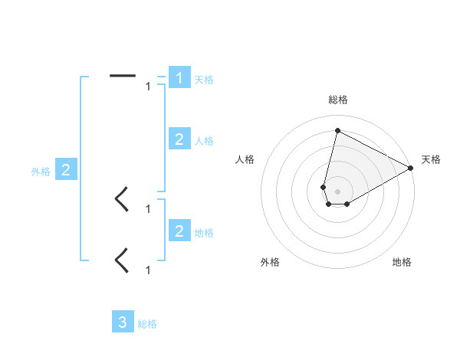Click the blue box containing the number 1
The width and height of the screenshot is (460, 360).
pos(179,78)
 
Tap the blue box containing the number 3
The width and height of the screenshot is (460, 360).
pos(123,322)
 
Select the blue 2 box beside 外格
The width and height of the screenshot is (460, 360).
pos(65,170)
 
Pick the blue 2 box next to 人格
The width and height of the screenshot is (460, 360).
pos(179,139)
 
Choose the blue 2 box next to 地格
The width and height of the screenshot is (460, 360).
pos(179,231)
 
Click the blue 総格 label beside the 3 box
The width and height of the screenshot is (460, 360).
pos(147,324)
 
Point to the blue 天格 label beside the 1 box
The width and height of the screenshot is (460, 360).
pos(204,80)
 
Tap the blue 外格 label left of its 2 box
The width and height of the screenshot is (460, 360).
pos(41,172)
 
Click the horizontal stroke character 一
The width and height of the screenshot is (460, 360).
pos(123,76)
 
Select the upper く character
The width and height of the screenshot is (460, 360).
pos(121,199)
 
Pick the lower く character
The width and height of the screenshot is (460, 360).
pos(121,260)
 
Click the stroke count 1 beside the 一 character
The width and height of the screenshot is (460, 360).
pos(148,87)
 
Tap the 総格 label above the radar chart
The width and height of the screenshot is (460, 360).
pos(338,100)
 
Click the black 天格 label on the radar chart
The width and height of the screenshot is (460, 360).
pos(431,159)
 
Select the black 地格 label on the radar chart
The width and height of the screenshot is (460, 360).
pos(402,262)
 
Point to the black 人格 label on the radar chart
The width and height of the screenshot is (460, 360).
pos(245,159)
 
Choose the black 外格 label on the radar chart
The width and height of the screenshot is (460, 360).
pos(270,262)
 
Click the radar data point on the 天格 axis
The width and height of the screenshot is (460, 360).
pos(411,167)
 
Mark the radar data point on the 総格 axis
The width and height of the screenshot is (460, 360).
pos(337,129)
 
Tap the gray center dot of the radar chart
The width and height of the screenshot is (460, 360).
pos(337,190)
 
